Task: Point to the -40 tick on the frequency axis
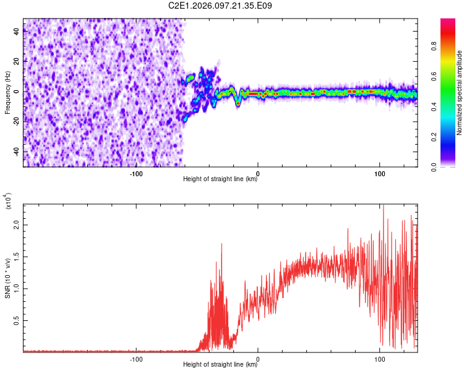(16, 152)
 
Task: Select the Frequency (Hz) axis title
(7, 92)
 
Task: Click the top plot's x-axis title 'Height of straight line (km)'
(221, 179)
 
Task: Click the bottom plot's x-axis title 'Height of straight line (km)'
(221, 365)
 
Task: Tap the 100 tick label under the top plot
(379, 173)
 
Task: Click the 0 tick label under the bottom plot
(258, 359)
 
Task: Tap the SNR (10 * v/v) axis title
(7, 278)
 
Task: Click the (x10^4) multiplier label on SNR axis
(9, 202)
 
